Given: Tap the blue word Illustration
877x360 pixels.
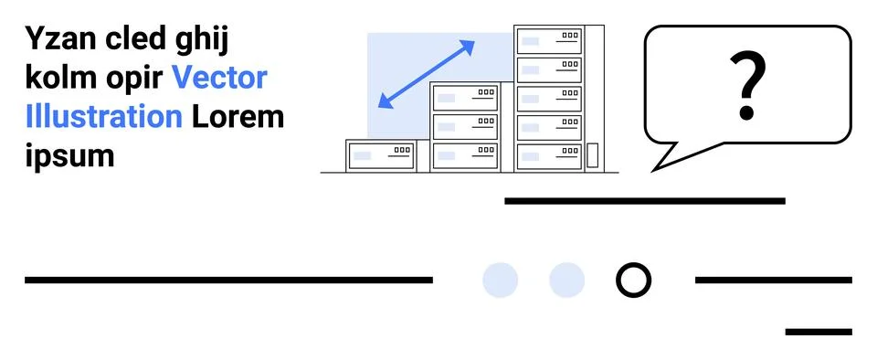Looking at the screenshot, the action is click(104, 117).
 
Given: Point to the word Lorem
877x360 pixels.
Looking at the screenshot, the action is click(238, 117).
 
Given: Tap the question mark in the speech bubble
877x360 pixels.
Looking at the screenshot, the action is click(747, 87).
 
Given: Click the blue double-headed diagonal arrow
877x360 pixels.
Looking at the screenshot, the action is click(427, 74).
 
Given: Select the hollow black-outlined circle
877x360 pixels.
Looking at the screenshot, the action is click(633, 280).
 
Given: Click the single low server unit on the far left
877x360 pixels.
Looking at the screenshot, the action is click(381, 155).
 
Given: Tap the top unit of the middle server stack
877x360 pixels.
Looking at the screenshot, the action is click(465, 97).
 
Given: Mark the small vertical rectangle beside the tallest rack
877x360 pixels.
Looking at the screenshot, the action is click(592, 155).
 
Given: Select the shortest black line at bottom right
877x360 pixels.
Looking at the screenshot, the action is click(818, 332).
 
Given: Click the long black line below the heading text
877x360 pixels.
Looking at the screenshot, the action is click(228, 280).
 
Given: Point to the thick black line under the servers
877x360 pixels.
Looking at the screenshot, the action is click(644, 200).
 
